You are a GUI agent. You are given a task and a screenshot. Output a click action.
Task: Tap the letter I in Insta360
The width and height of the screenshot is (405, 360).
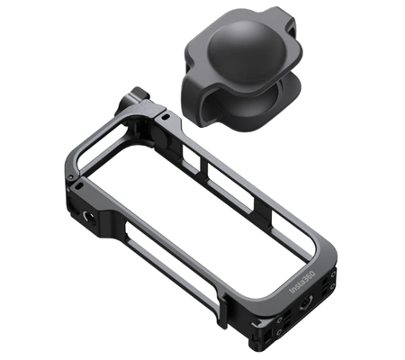291,291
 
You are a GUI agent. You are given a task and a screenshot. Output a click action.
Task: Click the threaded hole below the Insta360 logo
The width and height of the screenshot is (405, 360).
306,301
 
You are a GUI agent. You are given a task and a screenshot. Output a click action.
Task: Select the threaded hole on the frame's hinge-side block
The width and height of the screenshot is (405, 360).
89,217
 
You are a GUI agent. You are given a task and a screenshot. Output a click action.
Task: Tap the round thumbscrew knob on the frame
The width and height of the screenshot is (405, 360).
130,100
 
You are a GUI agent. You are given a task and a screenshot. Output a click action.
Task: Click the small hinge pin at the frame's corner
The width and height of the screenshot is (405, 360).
69,177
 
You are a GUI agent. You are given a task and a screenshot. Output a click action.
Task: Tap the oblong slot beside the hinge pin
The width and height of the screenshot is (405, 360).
79,186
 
